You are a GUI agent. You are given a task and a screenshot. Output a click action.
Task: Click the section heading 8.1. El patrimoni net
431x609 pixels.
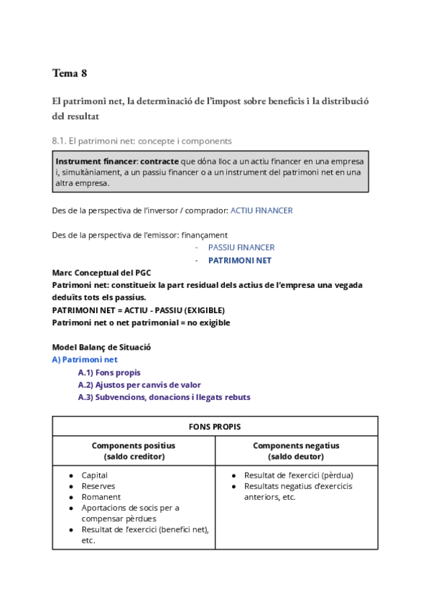pos(142,141)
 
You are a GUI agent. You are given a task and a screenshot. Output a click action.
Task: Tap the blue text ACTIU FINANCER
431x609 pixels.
pos(261,210)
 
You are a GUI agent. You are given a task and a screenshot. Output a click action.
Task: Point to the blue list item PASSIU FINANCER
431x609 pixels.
pos(241,247)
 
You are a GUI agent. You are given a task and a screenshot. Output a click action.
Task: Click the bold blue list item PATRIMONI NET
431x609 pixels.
pos(239,260)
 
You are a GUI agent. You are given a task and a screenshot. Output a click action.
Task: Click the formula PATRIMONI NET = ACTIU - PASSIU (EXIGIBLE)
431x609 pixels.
pos(138,310)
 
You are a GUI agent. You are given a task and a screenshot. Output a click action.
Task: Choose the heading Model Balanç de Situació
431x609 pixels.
pos(101,347)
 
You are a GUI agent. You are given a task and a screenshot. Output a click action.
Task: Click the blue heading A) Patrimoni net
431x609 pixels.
pos(85,359)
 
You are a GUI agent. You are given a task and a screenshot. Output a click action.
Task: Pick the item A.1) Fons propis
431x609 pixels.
pos(109,372)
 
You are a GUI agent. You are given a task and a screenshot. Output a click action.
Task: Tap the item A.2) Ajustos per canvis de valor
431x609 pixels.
pos(139,384)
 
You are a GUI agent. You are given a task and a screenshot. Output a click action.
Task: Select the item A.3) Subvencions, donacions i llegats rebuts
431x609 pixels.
pos(164,397)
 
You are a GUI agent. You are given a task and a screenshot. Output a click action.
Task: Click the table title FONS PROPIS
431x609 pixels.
pos(215,427)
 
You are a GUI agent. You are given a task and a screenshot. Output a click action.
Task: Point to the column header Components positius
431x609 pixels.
pos(134,445)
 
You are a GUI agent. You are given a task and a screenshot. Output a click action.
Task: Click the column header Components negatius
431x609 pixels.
pos(296,445)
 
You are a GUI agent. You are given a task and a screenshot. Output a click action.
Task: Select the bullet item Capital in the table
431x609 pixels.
pos(95,475)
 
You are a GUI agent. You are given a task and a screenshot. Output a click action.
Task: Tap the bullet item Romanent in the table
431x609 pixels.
pos(101,496)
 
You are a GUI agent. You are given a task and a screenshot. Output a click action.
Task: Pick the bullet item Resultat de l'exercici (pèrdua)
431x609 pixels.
pos(298,475)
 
